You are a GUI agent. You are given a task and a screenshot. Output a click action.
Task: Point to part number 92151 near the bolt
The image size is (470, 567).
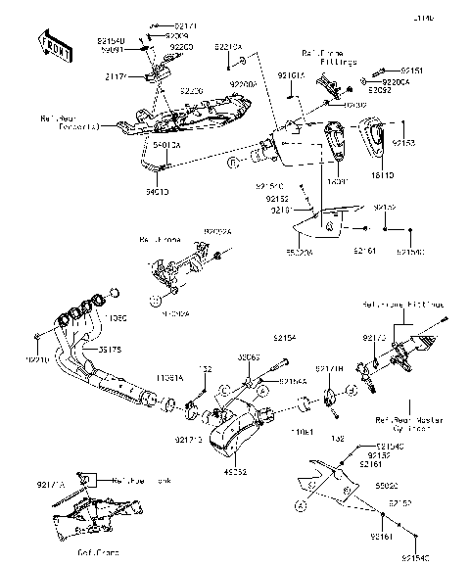point(411,71)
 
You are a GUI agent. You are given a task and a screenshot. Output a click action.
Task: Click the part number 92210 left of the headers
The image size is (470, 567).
point(38,359)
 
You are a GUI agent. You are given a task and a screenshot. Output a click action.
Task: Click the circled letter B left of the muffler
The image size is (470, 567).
point(231,167)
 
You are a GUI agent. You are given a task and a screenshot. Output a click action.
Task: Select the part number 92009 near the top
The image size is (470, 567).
point(162,33)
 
